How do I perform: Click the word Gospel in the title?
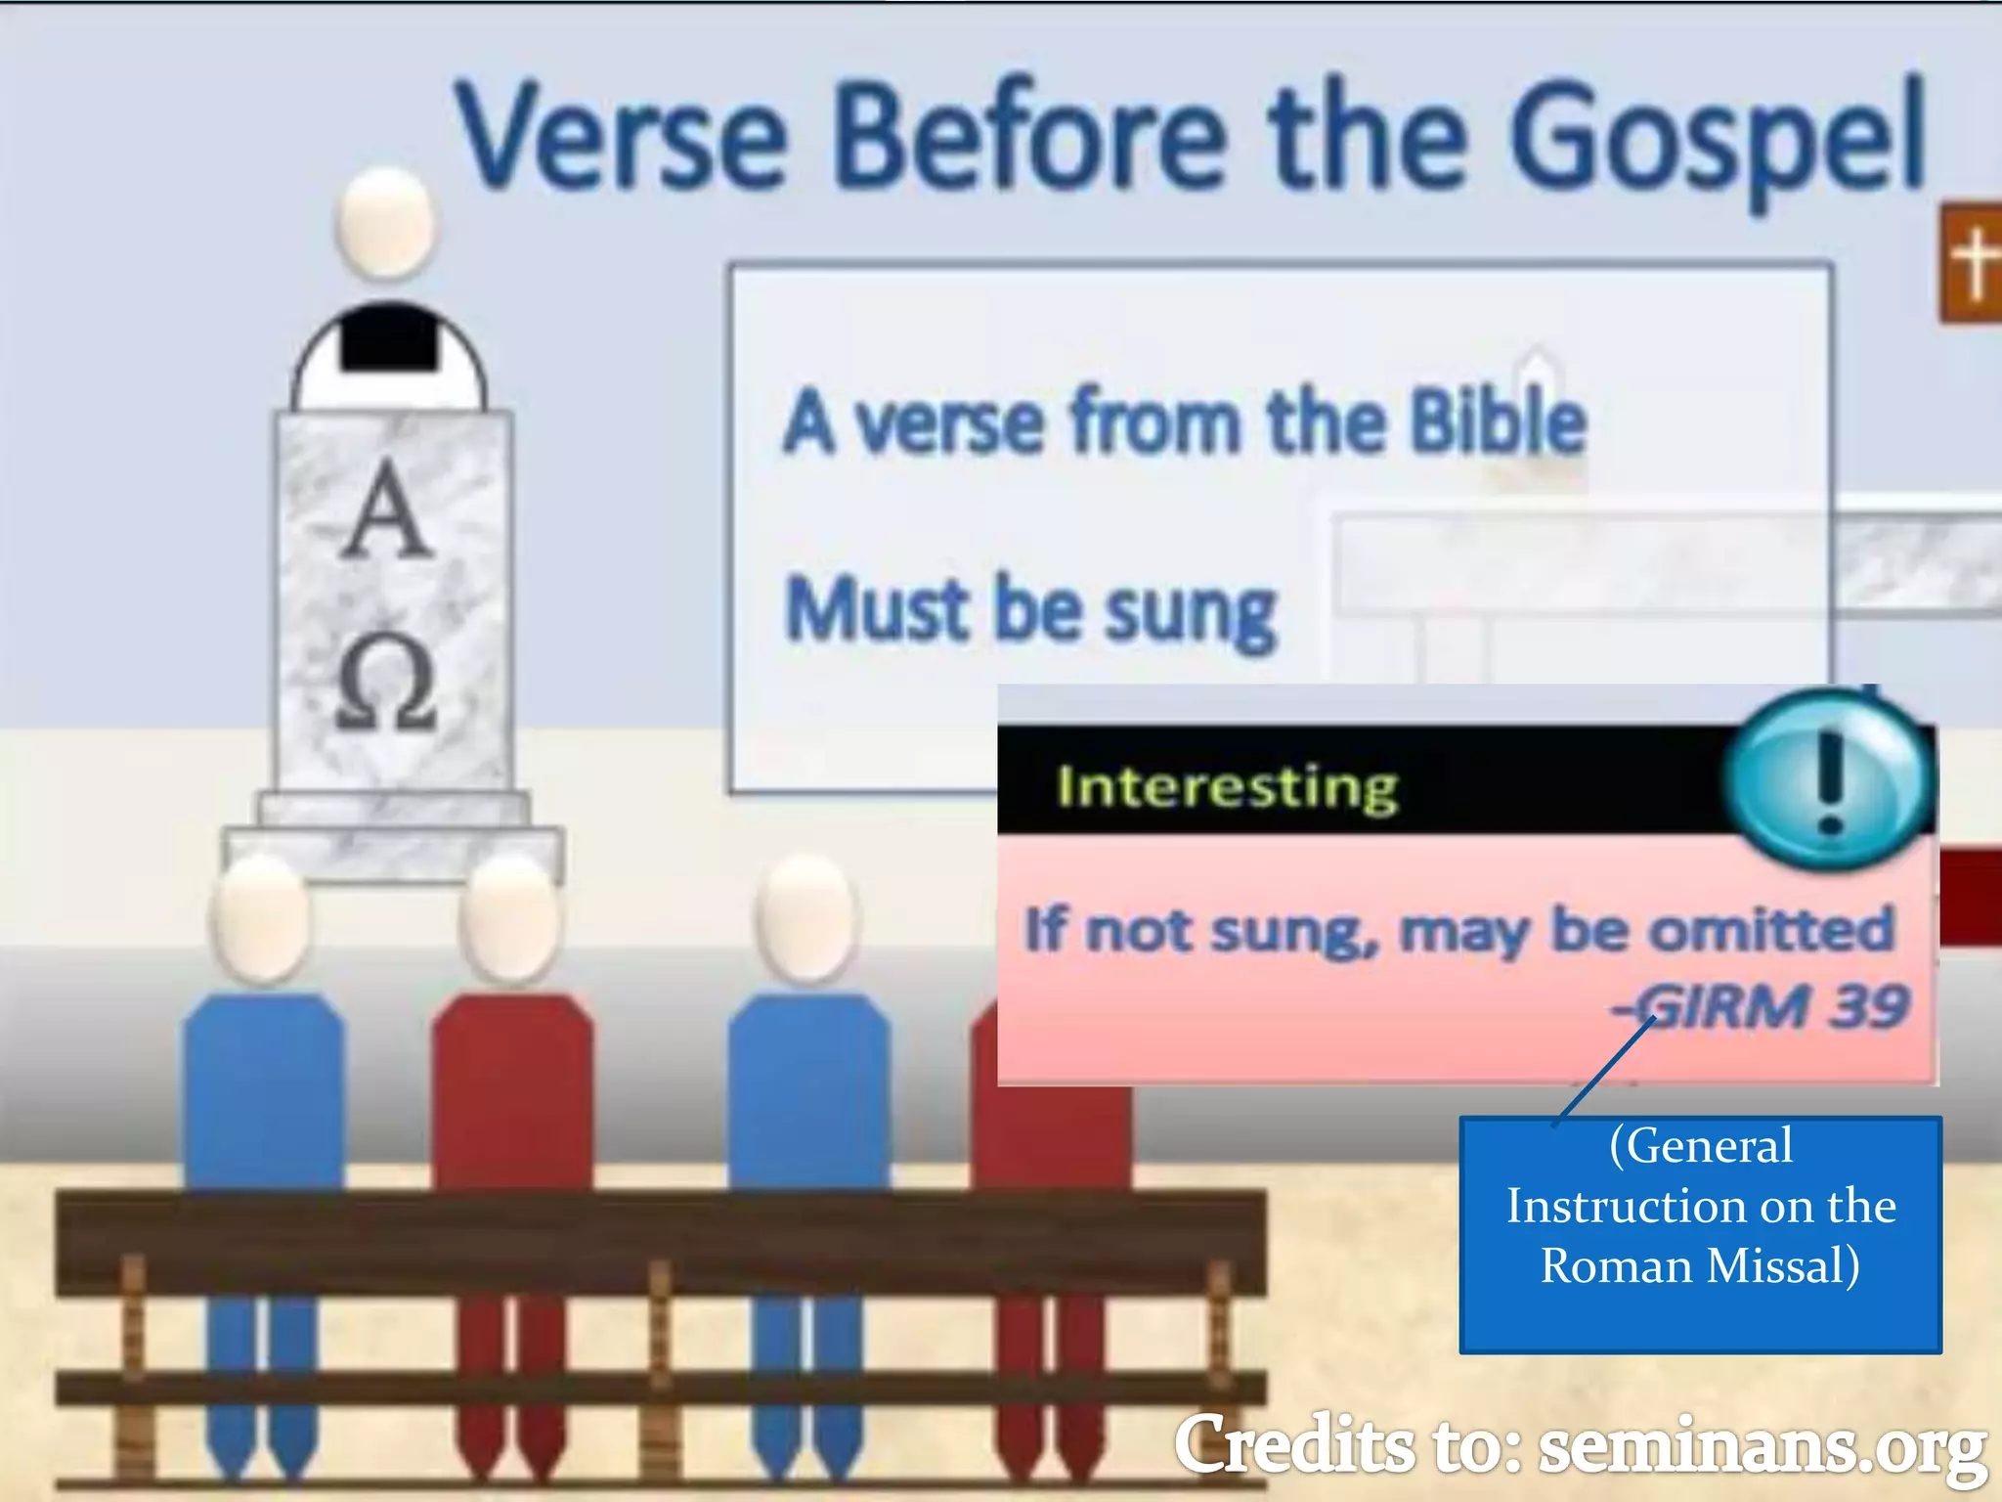1716,137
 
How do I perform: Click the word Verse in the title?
622,137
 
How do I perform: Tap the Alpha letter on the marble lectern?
388,510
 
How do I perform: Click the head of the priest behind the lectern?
386,223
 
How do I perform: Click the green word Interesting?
1227,787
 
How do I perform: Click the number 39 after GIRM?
1869,1006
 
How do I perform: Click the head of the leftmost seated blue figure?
261,919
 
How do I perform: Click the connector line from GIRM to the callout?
1603,1072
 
